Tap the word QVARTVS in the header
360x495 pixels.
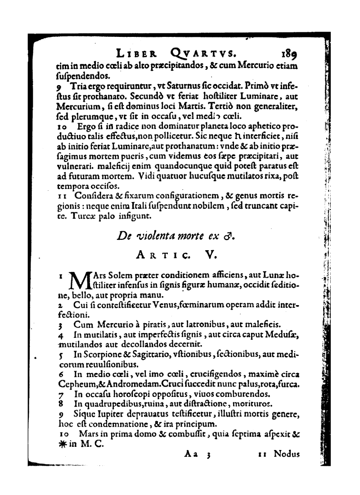tap(201, 54)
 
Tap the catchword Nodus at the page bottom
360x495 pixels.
tap(287, 454)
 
